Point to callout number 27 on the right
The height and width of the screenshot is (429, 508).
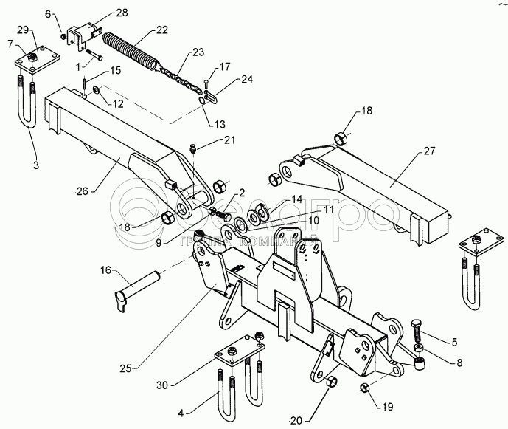[x=428, y=153]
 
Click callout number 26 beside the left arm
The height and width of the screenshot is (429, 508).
[x=82, y=191]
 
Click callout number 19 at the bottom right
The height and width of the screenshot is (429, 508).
[x=386, y=405]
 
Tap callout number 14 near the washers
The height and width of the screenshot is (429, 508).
[x=296, y=199]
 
